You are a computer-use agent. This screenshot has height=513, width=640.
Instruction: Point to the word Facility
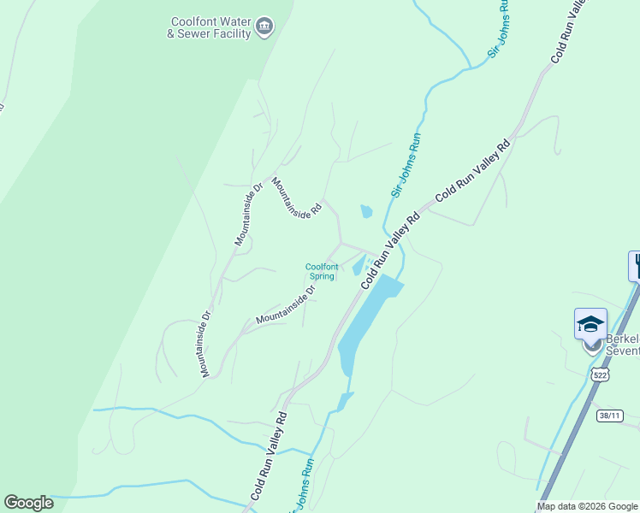(234, 34)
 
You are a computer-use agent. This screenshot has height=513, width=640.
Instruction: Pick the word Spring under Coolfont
(321, 276)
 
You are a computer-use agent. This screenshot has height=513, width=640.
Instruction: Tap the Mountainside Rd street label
(296, 198)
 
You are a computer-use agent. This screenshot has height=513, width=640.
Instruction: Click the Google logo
(28, 503)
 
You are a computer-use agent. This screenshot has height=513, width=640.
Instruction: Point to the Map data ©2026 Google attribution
(587, 506)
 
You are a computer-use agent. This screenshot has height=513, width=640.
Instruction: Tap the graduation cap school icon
(590, 323)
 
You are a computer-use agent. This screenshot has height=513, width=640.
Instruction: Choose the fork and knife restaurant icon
(636, 265)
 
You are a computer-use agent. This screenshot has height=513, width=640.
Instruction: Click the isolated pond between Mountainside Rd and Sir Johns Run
(366, 210)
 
